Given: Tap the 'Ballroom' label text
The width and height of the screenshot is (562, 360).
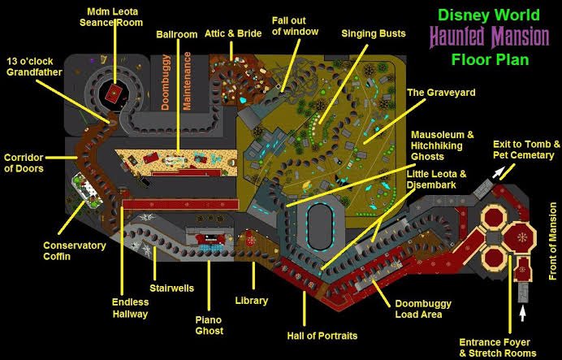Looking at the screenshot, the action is (177, 35).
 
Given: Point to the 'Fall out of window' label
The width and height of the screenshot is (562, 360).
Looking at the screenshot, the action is (295, 26).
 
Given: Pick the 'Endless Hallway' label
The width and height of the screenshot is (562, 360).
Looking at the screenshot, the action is (130, 308).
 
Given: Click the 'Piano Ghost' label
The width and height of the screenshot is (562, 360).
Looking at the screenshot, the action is (209, 325).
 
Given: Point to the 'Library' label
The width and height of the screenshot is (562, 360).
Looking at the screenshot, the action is (252, 301).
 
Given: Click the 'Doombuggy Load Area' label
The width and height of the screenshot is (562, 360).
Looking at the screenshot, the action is (418, 309).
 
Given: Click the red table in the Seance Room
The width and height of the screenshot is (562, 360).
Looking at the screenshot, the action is (113, 92).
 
